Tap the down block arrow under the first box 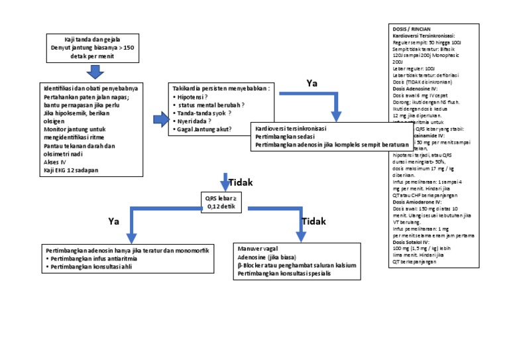96,72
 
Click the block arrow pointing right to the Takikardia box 161,119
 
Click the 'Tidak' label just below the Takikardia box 241,182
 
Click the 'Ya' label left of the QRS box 114,221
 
